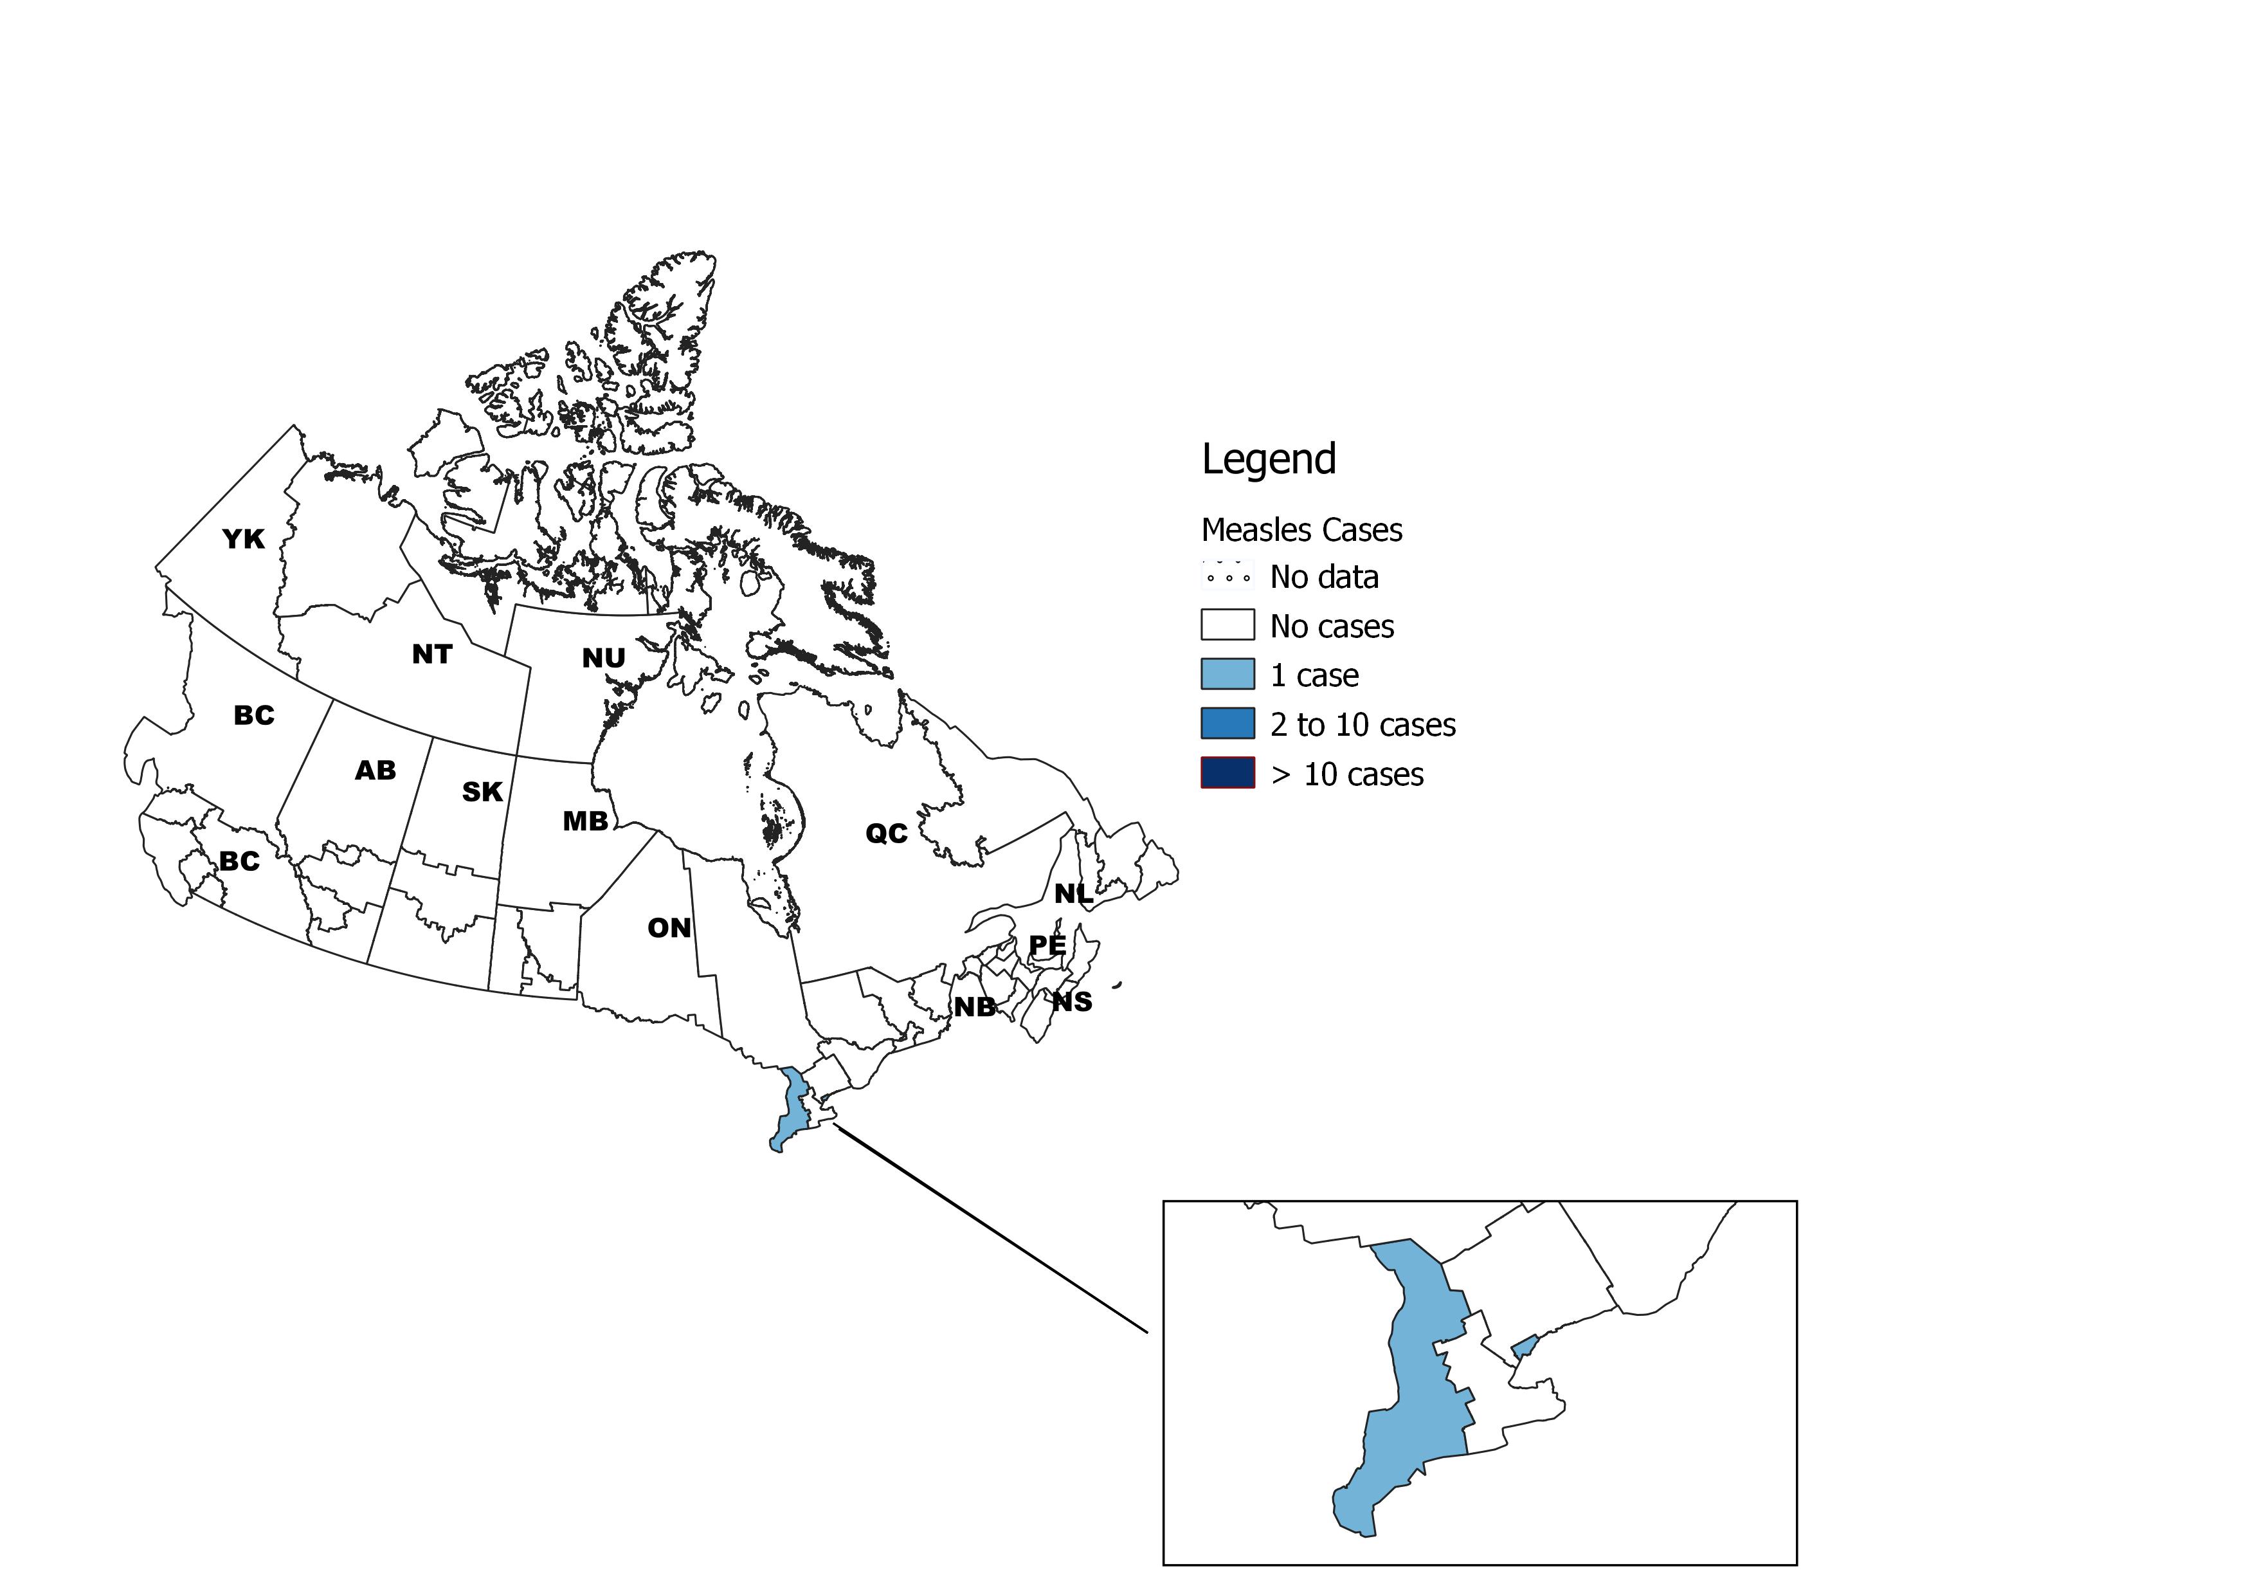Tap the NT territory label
[432, 654]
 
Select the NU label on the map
[603, 658]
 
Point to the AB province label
[375, 771]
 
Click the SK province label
[482, 792]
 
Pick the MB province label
[584, 821]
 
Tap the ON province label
[669, 928]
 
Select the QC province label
[886, 834]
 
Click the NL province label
[1073, 894]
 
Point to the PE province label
[1046, 945]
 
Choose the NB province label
[974, 1007]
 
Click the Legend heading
[1269, 459]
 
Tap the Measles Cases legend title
[1301, 531]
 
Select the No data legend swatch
[1227, 576]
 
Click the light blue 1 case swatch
[1227, 675]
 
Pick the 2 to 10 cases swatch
[1227, 724]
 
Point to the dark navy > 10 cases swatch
[1227, 773]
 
